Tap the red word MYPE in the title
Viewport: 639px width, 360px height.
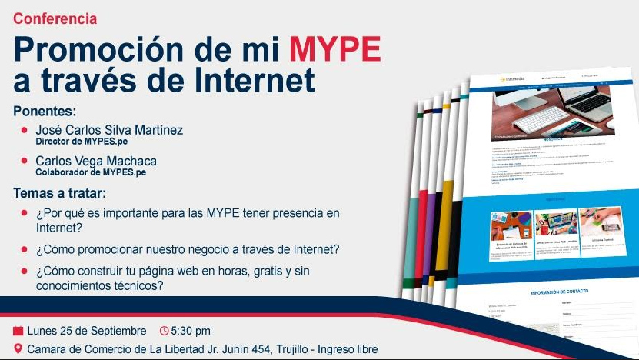coord(334,50)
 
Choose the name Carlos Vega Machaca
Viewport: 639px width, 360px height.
coord(96,161)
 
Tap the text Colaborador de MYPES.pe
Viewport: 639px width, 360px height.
coord(91,172)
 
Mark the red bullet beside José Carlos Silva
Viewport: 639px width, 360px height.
coord(25,130)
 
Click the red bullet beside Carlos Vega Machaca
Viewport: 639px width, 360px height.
coord(25,161)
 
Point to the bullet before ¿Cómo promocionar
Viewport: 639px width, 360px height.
coord(25,249)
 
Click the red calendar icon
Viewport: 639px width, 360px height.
coord(18,332)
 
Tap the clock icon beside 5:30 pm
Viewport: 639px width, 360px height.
coord(164,332)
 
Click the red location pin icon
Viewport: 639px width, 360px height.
coord(18,350)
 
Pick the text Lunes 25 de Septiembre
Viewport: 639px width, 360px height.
coord(86,332)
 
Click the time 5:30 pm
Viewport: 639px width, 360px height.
coord(190,332)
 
